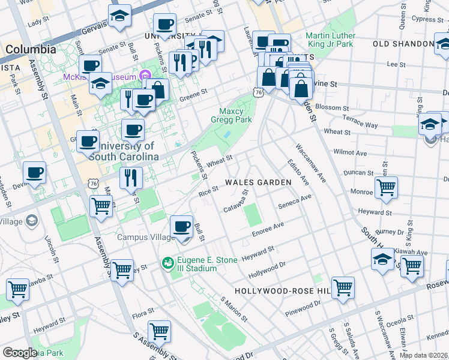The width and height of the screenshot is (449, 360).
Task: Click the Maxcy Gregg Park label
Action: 235,115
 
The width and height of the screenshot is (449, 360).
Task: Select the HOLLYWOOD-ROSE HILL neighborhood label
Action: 283,291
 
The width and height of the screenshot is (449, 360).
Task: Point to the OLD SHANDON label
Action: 399,44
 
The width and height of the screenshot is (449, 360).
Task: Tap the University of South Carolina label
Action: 123,151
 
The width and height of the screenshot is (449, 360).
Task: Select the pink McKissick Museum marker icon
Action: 145,76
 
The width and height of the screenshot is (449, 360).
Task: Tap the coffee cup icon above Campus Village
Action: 182,227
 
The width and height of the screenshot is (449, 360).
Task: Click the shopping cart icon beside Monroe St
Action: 386,187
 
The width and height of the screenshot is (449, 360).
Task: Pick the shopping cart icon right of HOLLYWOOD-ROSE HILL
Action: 343,287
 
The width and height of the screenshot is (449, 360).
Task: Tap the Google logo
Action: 20,353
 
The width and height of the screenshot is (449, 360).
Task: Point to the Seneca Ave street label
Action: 295,201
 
